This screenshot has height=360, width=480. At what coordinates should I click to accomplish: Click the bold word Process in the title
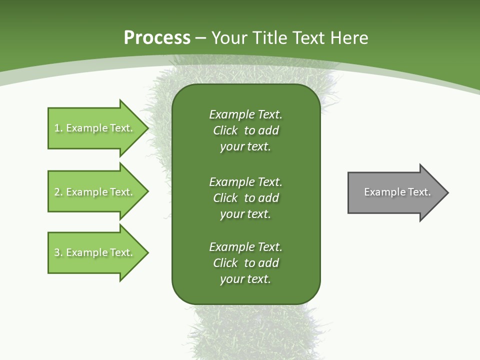(157, 38)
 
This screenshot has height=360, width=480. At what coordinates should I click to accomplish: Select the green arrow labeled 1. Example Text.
(95, 128)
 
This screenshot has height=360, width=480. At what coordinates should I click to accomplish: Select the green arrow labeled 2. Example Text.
(95, 192)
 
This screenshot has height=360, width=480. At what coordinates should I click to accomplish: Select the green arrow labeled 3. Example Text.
(95, 252)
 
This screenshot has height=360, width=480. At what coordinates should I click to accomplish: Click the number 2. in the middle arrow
(58, 192)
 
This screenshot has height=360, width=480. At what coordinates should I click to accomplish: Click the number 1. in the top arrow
(58, 128)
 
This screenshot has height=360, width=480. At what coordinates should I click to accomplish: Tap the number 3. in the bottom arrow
(58, 252)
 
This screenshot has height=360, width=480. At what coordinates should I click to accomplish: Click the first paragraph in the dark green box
(245, 130)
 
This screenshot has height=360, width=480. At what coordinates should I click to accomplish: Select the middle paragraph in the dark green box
(245, 198)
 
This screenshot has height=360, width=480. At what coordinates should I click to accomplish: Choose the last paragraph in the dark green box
(245, 263)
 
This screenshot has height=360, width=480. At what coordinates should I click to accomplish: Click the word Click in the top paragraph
(225, 130)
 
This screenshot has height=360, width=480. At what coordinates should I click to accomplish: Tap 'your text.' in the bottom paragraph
(245, 279)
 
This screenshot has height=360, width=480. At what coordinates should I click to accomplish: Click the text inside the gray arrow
(397, 192)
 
